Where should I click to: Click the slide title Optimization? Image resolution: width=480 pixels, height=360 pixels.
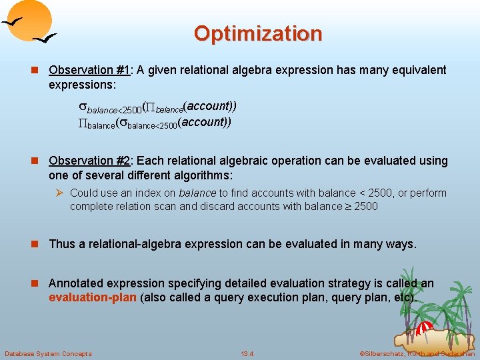point(258,33)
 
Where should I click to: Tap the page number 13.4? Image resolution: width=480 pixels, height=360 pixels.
point(247,353)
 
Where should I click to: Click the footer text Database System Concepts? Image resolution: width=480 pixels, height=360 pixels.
point(48,353)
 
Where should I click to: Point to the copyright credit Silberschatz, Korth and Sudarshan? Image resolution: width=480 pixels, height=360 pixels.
point(417,353)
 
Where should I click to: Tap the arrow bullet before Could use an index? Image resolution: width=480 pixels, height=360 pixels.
point(59,193)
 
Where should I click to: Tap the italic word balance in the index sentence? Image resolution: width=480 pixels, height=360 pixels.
point(197,193)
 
